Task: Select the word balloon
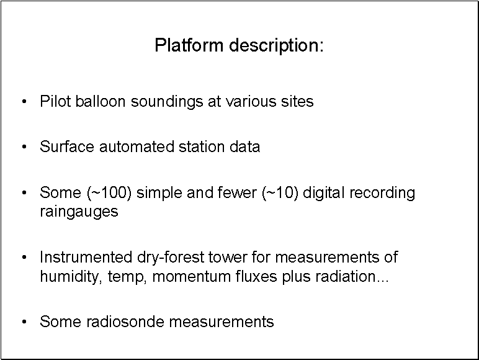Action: (x=100, y=101)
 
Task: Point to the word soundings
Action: (x=167, y=102)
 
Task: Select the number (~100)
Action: (x=109, y=193)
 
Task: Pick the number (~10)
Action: (x=280, y=193)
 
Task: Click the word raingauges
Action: (x=79, y=212)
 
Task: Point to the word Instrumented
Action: (x=86, y=257)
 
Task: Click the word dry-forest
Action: (x=171, y=258)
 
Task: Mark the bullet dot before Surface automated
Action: (x=24, y=146)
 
